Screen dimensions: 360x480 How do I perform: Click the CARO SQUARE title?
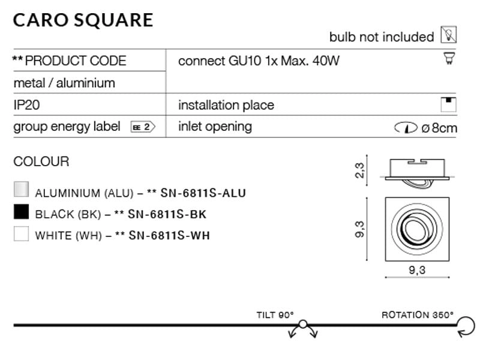point(83,20)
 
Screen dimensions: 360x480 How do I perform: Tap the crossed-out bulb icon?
point(448,35)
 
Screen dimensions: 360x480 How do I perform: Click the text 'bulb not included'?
point(382,37)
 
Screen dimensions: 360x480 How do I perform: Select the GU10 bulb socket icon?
point(448,59)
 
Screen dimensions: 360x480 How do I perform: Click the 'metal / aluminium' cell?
point(64,83)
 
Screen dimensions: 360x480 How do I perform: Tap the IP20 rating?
point(26,105)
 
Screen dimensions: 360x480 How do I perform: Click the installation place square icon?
point(448,104)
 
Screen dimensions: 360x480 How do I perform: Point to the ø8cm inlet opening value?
point(439,127)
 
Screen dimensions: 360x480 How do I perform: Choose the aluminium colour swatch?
point(21,190)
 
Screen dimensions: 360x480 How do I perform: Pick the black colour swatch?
point(21,212)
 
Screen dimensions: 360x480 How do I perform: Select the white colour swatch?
point(21,233)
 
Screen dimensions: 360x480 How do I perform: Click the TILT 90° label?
point(275,315)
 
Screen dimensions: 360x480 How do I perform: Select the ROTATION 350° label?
point(418,315)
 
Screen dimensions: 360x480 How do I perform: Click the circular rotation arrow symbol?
point(464,326)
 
